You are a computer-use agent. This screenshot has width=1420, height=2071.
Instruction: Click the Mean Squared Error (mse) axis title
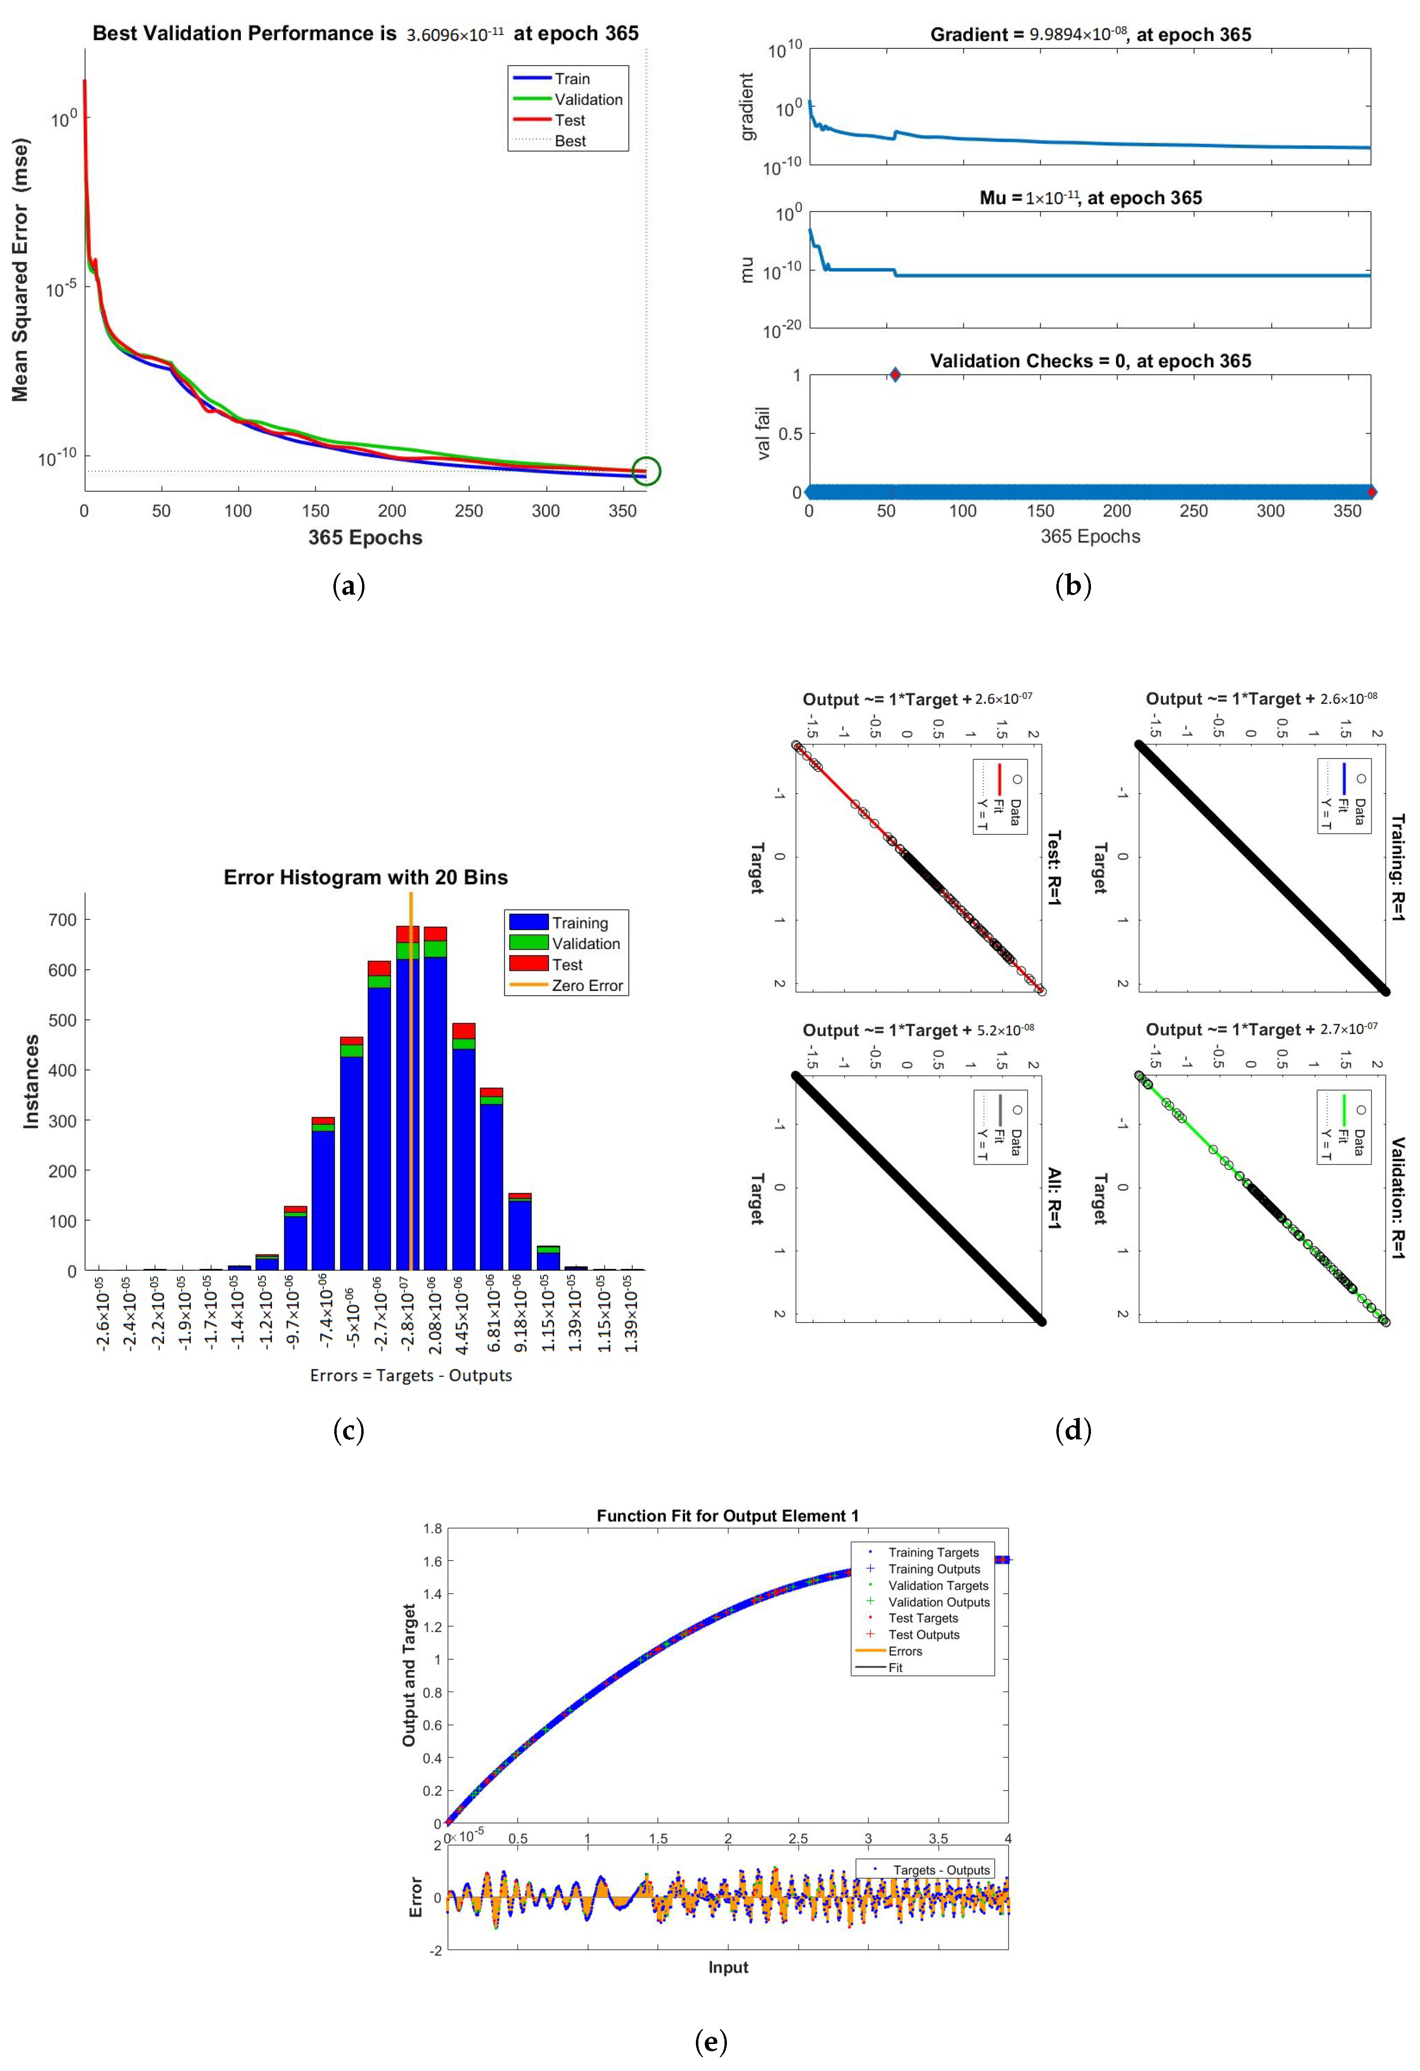21,270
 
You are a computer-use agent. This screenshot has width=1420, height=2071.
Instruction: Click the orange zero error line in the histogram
411,1070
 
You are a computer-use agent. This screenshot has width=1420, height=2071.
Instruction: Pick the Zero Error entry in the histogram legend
587,986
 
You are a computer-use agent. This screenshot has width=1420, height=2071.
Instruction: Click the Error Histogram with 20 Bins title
365,878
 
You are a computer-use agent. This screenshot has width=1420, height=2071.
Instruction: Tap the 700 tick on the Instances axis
62,920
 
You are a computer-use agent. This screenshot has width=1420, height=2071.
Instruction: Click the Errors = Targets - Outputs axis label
411,1375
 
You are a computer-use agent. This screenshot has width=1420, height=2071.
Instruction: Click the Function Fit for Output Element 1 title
728,1516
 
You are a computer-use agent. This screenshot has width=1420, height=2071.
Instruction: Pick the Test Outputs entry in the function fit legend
924,1634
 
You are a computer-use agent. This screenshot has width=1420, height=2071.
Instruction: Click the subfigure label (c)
348,1430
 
